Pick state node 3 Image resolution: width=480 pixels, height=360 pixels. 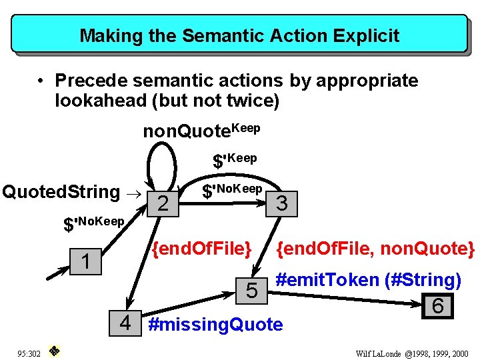[x=281, y=204]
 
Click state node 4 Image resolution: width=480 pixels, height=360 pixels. [x=125, y=323]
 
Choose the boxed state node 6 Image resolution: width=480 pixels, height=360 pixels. [x=438, y=306]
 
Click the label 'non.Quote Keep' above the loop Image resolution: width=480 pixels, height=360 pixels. [x=201, y=130]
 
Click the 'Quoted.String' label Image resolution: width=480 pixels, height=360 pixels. [x=61, y=192]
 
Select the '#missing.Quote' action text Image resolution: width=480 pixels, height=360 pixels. [x=215, y=325]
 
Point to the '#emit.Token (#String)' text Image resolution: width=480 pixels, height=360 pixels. [x=368, y=280]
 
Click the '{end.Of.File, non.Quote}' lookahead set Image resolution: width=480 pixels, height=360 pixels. [x=375, y=249]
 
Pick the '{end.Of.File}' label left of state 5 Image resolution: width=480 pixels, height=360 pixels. [x=201, y=249]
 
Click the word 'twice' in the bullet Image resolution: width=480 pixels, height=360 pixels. [x=247, y=101]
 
